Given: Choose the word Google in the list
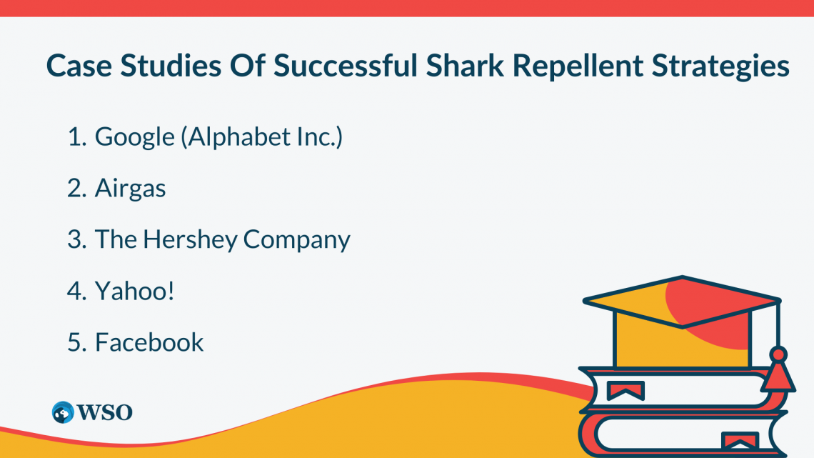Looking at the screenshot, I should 135,137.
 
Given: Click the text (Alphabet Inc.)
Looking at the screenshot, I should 262,137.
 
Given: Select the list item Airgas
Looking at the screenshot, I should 130,189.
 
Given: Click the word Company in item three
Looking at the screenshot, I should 296,240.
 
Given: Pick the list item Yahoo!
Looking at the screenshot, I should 134,291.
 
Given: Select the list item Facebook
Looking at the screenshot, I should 149,342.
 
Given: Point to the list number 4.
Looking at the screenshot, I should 75,291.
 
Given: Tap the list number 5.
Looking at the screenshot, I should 75,342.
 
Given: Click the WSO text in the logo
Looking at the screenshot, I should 104,412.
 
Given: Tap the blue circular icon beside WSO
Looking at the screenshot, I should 63,412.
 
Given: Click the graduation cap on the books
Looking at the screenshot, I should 682,307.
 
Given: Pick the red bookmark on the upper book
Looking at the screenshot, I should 625,390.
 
